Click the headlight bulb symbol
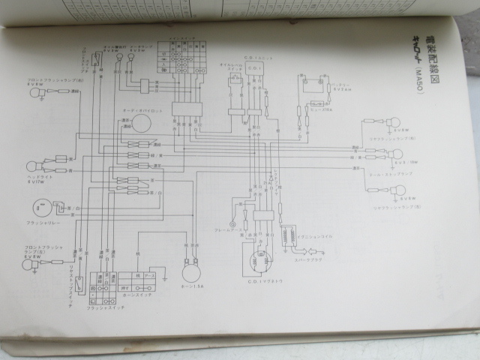[x=34, y=166]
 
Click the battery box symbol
[x=313, y=90]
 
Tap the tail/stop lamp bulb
[x=396, y=154]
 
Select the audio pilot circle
[x=139, y=124]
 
